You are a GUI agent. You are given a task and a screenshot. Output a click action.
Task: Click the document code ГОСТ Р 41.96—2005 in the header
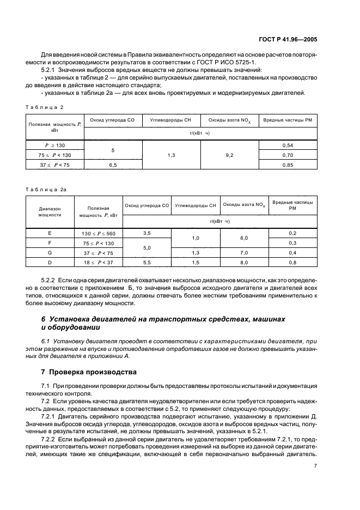[311, 39]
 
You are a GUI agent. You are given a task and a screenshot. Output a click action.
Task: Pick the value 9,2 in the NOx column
[229, 155]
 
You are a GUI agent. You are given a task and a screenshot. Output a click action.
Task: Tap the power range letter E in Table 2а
[50, 233]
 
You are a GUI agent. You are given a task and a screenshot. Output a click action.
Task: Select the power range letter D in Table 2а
[50, 262]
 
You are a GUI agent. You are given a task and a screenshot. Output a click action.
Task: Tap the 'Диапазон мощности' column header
[50, 211]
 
